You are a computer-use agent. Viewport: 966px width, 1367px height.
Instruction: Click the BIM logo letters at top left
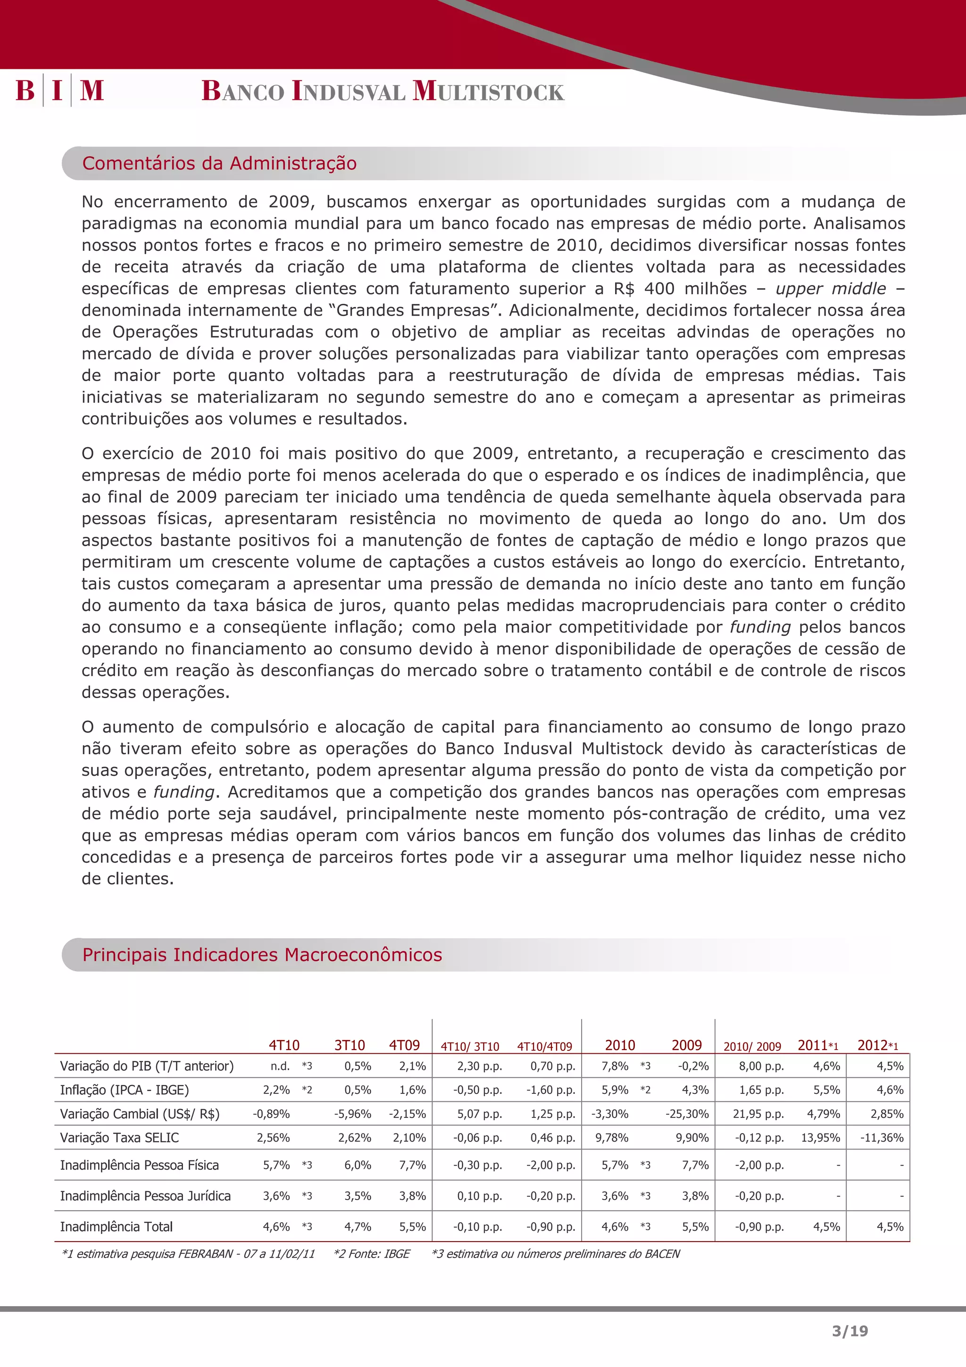59,91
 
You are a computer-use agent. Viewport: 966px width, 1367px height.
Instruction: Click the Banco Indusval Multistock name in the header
383,91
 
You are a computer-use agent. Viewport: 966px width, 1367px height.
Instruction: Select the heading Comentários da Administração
219,163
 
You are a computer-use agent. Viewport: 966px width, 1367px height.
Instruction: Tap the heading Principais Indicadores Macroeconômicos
262,954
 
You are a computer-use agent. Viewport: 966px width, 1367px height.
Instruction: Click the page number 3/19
850,1331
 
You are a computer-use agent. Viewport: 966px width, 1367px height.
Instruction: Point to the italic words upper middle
830,289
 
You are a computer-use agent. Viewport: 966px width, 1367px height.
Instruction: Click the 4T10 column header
284,1045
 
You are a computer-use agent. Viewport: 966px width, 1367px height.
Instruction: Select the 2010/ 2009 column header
752,1047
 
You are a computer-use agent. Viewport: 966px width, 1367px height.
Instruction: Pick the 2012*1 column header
877,1045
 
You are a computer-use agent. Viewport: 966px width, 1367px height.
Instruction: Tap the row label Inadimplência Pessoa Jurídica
145,1195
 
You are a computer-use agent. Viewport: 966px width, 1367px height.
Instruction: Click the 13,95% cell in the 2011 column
820,1138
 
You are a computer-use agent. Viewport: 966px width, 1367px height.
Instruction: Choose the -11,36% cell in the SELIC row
882,1138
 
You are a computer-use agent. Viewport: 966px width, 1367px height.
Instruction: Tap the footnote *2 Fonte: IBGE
372,1254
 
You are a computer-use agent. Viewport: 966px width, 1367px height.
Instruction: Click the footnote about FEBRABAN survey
188,1254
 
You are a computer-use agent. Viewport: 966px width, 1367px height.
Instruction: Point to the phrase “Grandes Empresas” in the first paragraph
418,310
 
